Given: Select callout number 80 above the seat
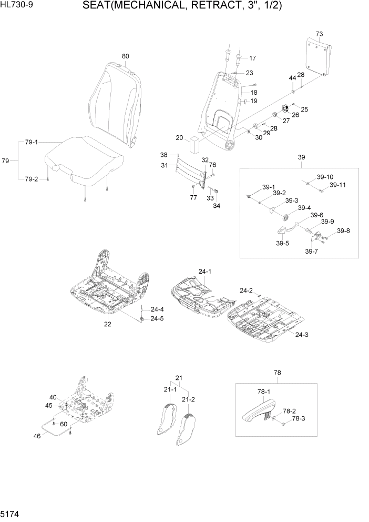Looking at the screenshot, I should (125, 56).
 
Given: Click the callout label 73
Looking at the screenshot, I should (319, 34).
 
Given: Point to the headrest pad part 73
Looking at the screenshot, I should (320, 58).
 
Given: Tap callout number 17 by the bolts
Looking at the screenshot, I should (252, 58).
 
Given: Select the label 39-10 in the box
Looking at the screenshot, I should (325, 177).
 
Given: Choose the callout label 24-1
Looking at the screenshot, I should (204, 272).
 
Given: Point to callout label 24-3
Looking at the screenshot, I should (302, 334).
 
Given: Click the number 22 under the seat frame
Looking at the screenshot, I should (107, 324).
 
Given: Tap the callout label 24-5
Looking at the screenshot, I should (157, 318).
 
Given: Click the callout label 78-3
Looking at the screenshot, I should (298, 418).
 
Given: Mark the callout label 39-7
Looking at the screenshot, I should (312, 252).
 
